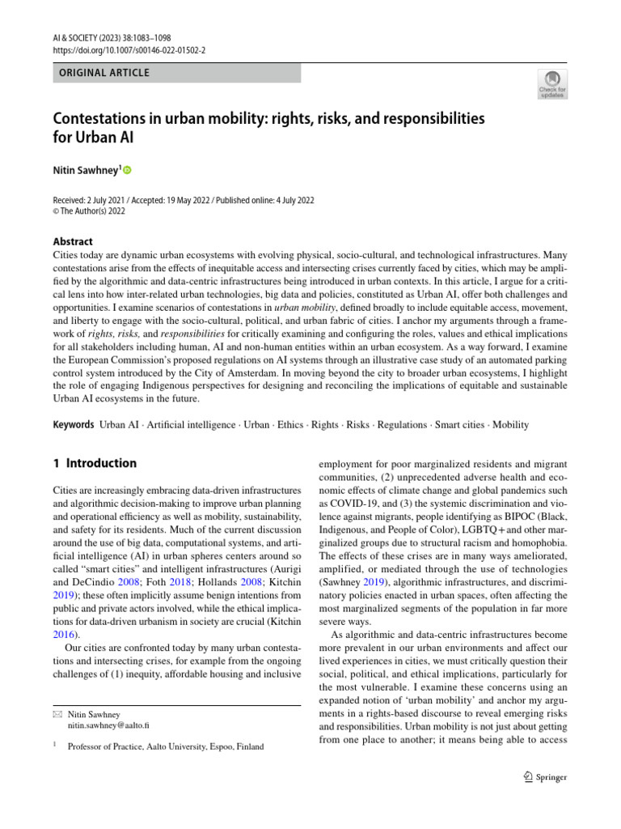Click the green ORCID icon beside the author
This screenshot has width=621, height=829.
click(x=127, y=171)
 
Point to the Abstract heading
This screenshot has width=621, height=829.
click(x=72, y=241)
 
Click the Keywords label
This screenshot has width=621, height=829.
click(x=74, y=424)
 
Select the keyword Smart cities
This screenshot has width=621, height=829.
click(x=459, y=424)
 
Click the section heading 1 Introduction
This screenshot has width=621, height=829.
click(x=95, y=464)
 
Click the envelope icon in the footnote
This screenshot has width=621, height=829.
click(x=57, y=715)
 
